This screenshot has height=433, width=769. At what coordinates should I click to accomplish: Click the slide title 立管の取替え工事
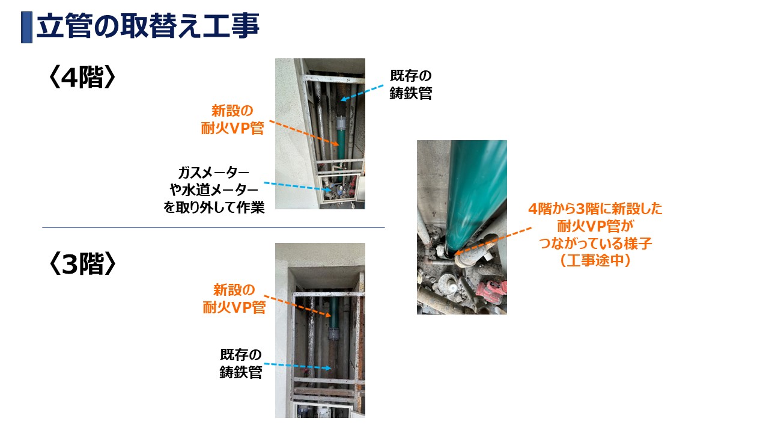click(148, 26)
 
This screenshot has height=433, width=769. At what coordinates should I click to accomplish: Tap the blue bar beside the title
click(27, 27)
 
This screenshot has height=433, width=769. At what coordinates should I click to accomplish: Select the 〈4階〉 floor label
click(82, 77)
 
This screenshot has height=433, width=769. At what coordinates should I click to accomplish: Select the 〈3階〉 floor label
click(82, 263)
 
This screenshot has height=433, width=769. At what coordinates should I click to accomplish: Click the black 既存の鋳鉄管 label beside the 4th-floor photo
click(410, 85)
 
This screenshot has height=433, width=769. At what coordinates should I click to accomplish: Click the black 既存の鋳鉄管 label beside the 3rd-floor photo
click(241, 364)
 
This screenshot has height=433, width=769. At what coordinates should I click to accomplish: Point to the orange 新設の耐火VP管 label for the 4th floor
click(233, 119)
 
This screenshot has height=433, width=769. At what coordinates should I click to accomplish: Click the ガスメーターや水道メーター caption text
click(214, 189)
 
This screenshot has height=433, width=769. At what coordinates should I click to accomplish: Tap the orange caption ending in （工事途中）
click(595, 235)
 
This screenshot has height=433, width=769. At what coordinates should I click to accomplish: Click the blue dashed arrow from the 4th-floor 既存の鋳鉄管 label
click(362, 93)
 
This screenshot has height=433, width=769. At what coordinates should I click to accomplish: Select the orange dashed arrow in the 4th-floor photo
click(304, 133)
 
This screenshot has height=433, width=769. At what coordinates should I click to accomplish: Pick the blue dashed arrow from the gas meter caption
click(297, 186)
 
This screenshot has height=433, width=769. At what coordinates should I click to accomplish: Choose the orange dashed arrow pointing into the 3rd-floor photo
click(297, 306)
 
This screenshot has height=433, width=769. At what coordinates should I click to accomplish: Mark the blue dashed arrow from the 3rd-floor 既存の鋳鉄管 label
click(297, 366)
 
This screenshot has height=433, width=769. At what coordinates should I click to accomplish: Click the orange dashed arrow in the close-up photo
click(493, 241)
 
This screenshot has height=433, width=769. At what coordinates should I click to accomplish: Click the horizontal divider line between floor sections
click(213, 227)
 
